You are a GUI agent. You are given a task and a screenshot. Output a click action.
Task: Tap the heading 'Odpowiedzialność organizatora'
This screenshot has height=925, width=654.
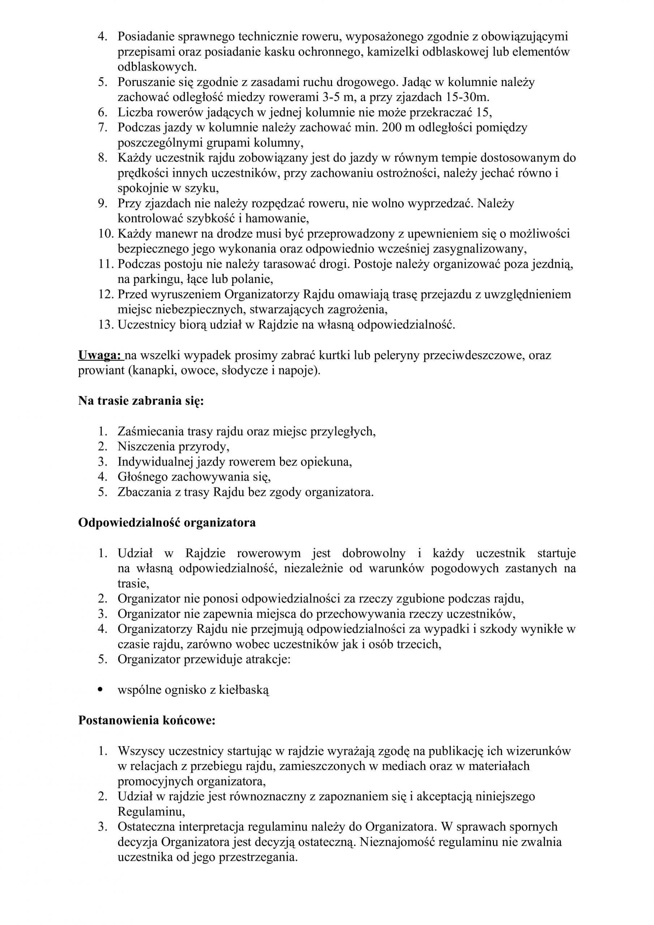point(167,522)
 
